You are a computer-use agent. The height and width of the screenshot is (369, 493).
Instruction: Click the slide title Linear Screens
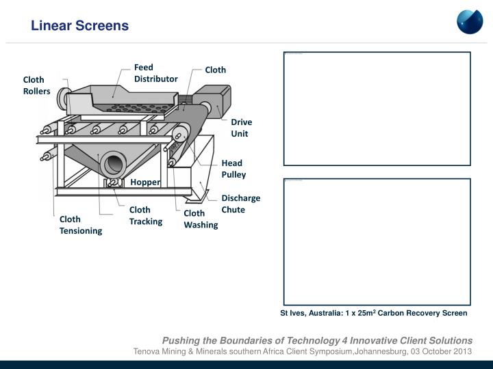(79, 26)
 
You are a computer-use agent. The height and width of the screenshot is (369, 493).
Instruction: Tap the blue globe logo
(470, 21)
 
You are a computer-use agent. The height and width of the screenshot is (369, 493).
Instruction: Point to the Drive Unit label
(241, 128)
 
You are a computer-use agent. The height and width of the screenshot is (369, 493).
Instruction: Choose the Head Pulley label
(233, 169)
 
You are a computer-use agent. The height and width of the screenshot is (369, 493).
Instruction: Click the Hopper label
(145, 182)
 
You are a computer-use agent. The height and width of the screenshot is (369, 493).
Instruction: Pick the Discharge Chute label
(240, 204)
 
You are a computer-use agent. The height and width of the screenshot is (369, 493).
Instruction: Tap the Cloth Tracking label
(146, 216)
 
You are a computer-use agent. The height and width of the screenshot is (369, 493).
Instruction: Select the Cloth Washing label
(201, 219)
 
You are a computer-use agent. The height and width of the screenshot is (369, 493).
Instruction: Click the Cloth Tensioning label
(80, 225)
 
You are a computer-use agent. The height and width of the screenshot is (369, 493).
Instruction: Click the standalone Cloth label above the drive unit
(215, 70)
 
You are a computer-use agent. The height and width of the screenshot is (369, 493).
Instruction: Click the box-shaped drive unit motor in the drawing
(213, 100)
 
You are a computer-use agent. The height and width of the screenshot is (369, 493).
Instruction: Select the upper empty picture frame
(377, 109)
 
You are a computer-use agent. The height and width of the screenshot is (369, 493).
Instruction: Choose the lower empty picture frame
(377, 242)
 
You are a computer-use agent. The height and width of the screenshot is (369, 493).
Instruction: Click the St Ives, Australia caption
(373, 313)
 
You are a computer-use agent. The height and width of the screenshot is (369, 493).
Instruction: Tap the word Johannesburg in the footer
(378, 351)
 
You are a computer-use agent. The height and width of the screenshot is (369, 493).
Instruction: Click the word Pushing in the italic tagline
(179, 340)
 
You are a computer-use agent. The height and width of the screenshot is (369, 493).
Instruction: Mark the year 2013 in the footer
(462, 351)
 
